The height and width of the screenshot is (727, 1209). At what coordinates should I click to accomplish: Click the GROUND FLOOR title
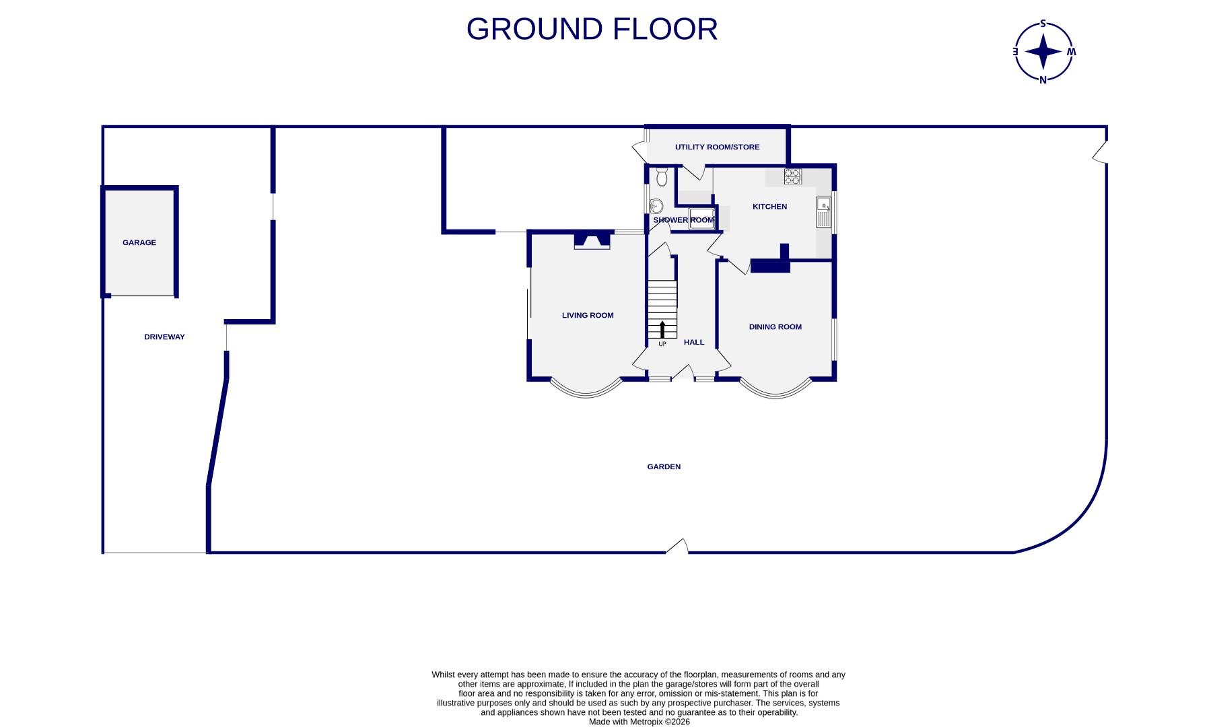pyautogui.click(x=592, y=30)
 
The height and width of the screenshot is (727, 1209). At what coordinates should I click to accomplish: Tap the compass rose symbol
pyautogui.click(x=1043, y=52)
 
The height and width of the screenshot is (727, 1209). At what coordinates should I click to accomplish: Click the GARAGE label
pyautogui.click(x=139, y=242)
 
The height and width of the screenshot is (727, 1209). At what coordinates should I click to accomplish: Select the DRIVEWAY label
pyautogui.click(x=164, y=337)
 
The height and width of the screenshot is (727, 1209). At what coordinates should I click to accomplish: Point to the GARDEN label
pyautogui.click(x=664, y=466)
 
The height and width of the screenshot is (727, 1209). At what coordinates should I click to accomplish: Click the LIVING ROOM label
pyautogui.click(x=588, y=315)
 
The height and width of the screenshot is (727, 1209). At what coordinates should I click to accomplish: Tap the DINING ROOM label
pyautogui.click(x=775, y=326)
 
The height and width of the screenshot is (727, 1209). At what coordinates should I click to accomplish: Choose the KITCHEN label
pyautogui.click(x=769, y=207)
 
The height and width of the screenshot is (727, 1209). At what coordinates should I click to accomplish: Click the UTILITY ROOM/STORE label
pyautogui.click(x=717, y=147)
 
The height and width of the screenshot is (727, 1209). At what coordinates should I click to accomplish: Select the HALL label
pyautogui.click(x=694, y=342)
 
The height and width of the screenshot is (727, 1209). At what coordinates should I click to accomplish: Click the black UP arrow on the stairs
pyautogui.click(x=662, y=329)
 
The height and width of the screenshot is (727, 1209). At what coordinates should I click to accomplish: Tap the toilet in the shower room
pyautogui.click(x=661, y=177)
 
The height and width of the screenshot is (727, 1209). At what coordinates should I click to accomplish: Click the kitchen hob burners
pyautogui.click(x=792, y=176)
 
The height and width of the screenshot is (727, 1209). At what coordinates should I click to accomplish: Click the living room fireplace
pyautogui.click(x=592, y=240)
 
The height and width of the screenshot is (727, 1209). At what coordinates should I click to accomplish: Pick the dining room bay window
pyautogui.click(x=775, y=390)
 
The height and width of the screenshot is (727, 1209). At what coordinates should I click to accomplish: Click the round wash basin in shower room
pyautogui.click(x=656, y=206)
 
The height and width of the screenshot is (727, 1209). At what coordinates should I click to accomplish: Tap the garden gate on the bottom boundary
pyautogui.click(x=678, y=548)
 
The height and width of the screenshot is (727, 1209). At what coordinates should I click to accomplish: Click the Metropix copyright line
pyautogui.click(x=639, y=722)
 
